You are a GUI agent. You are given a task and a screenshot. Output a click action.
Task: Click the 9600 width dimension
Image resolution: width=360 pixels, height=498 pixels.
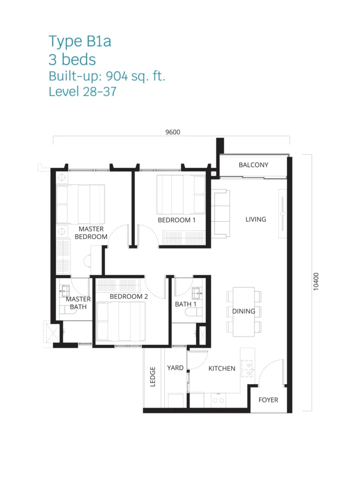[x=173, y=132]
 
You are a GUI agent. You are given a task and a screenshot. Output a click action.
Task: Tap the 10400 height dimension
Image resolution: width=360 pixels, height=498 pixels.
[x=316, y=282]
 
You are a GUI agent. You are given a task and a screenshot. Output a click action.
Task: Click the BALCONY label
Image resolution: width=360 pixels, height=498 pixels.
[x=253, y=165]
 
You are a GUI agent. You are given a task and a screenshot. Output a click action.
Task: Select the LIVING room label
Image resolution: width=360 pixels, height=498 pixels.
[x=256, y=219]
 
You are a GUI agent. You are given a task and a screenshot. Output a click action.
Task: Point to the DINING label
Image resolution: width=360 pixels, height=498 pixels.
[x=244, y=311]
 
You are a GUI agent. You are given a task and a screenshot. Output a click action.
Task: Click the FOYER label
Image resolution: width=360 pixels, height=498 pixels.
[x=268, y=400]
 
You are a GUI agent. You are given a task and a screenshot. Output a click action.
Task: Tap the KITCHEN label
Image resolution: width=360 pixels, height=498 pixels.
[x=222, y=369]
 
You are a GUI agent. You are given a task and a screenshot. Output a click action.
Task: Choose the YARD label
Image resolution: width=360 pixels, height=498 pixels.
[x=176, y=368]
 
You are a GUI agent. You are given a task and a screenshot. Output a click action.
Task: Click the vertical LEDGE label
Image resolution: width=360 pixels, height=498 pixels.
[x=153, y=377]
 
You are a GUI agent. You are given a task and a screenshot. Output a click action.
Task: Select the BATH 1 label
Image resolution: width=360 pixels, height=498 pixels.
[x=185, y=304]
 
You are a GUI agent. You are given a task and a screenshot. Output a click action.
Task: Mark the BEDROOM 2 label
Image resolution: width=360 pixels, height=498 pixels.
[x=129, y=296]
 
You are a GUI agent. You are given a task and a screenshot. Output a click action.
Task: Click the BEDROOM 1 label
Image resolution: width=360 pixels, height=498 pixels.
[x=177, y=220]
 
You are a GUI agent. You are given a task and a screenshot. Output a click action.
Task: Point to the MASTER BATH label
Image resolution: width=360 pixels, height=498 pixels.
[x=78, y=303]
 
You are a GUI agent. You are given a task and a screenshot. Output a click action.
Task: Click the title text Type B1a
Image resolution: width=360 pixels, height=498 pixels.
[x=80, y=42]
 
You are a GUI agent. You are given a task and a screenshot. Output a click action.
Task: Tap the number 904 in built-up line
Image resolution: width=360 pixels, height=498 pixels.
[x=117, y=76]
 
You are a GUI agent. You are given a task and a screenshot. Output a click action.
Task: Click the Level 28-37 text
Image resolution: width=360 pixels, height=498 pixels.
[x=83, y=92]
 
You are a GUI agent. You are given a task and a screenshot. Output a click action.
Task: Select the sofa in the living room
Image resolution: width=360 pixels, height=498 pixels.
[x=220, y=213]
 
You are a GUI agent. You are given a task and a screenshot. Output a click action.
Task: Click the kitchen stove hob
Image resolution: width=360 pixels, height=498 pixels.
[x=247, y=369]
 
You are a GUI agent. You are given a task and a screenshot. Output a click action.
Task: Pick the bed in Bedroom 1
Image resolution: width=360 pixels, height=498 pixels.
[x=181, y=195]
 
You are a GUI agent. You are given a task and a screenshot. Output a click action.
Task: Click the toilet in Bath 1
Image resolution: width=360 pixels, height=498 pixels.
[x=193, y=312]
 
